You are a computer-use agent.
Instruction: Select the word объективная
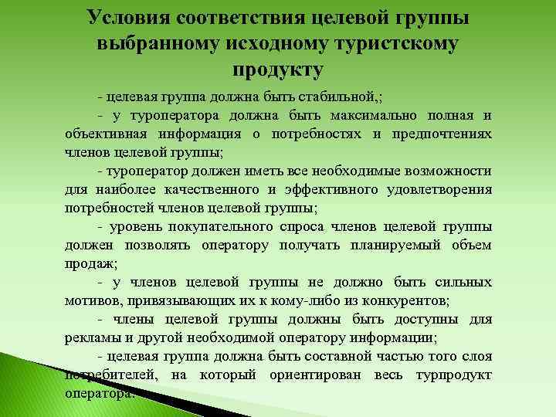point(103,133)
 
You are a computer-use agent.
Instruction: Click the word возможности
point(448,171)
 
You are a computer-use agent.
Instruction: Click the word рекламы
point(91,337)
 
